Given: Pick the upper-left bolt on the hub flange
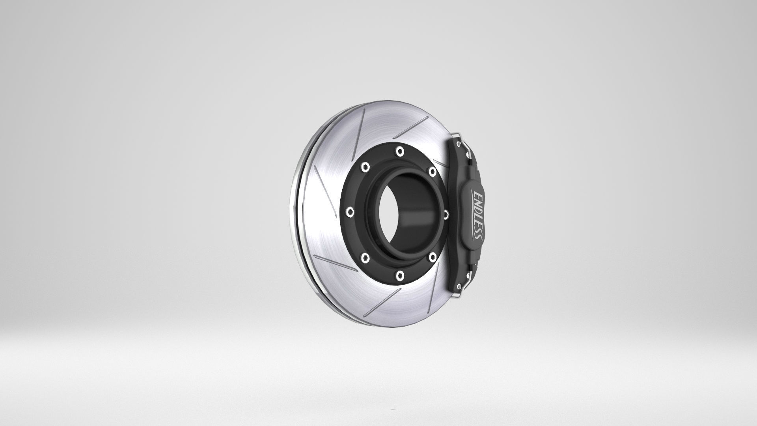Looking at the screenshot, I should coord(365,166).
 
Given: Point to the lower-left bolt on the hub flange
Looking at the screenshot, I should coord(365,258).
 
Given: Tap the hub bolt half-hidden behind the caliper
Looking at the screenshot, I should coord(446,214).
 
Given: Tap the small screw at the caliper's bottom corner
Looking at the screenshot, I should coord(458,287).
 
